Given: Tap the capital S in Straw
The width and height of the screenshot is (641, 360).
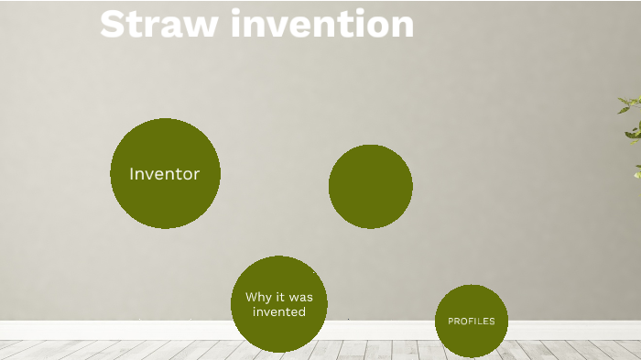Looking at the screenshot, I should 113,24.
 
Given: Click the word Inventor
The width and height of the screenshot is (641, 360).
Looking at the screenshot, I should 165,174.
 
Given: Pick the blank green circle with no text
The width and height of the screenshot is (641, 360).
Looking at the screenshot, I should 370,186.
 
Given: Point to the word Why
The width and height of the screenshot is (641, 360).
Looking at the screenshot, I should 256,297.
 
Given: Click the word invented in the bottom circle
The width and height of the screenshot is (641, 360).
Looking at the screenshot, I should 279,311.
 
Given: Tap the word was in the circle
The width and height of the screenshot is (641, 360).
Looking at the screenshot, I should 300,297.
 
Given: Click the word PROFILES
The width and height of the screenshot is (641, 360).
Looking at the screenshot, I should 471,322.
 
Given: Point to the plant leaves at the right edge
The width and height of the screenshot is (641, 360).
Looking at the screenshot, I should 631,119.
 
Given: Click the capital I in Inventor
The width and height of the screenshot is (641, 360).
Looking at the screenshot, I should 133,174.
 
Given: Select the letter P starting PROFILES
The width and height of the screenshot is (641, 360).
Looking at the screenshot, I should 451,322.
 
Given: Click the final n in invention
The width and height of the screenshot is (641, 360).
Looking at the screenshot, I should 403,26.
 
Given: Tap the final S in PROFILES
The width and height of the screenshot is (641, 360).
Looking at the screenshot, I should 492,322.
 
